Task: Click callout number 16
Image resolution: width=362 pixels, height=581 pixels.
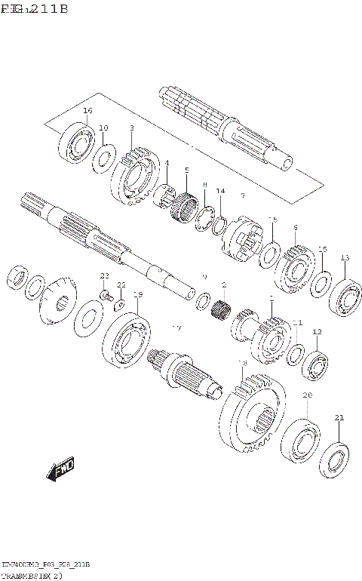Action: tap(87, 111)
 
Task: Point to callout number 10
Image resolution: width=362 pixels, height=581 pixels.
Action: tap(103, 128)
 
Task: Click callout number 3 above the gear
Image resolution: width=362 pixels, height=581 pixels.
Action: tap(131, 128)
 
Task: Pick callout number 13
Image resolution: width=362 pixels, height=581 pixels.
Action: tap(345, 258)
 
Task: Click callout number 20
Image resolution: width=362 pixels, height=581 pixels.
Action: tap(307, 395)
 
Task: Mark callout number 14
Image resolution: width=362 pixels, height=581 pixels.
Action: tap(220, 191)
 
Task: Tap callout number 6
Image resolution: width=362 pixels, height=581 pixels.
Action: tap(295, 227)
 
